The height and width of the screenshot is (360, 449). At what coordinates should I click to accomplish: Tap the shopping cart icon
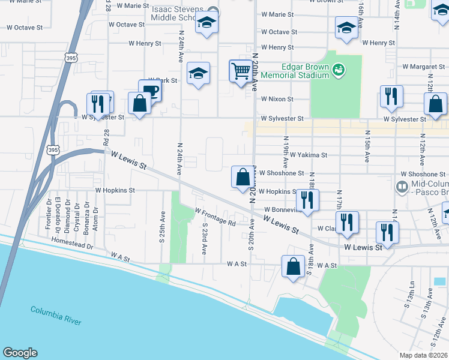(x=241, y=71)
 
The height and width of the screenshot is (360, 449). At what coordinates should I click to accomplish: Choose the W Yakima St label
(x=308, y=154)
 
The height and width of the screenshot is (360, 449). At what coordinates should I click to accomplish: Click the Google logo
(x=20, y=353)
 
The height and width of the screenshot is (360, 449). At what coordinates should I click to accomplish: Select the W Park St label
(x=163, y=80)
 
